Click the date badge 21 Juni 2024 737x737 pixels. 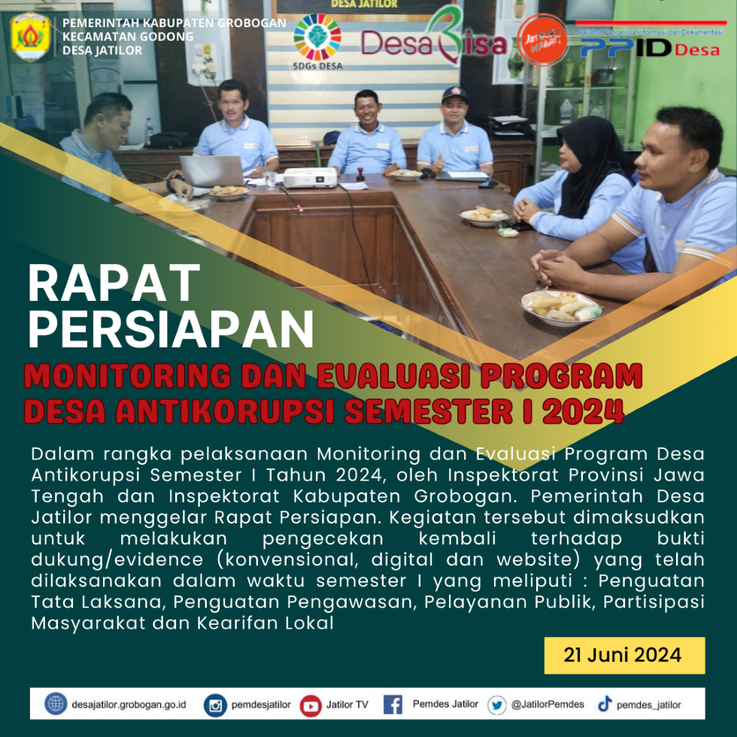(x=624, y=655)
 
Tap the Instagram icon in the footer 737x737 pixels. (x=216, y=705)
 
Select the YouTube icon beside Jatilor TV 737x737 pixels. (x=310, y=705)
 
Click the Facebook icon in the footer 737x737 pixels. (x=393, y=705)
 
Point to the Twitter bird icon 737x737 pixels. (x=496, y=705)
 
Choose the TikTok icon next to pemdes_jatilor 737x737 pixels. (x=604, y=705)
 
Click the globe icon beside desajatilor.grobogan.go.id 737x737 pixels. (x=56, y=705)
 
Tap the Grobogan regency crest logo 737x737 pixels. (x=31, y=35)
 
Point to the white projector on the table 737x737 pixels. (x=310, y=177)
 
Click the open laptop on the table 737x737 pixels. (x=211, y=171)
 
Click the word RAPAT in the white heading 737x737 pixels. (x=114, y=284)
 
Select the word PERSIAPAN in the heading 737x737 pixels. (x=171, y=329)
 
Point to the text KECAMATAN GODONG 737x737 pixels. (x=128, y=36)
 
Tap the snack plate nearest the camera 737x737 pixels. (x=561, y=305)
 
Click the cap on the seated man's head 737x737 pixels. (x=454, y=93)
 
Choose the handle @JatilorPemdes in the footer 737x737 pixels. (x=547, y=705)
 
